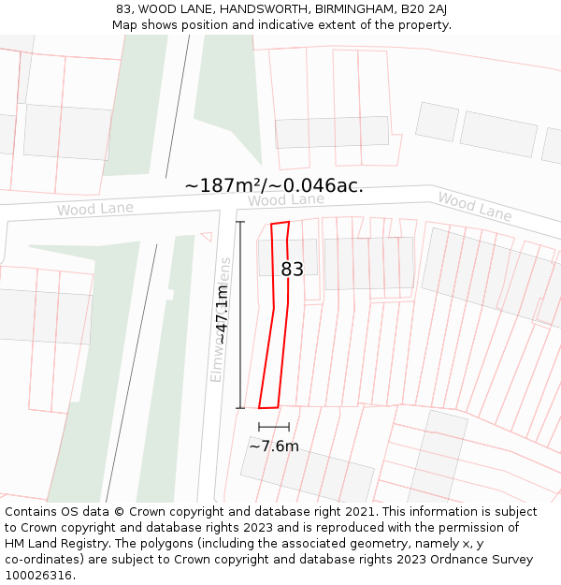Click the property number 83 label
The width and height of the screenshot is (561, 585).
pos(292,270)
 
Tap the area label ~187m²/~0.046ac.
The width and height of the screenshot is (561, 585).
pos(274,186)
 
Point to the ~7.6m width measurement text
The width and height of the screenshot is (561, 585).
pos(274,446)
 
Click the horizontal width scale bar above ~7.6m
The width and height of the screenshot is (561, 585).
pos(274,428)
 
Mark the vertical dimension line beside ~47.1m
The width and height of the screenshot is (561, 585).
pos(240,314)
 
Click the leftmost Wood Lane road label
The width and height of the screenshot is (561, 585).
pos(94,209)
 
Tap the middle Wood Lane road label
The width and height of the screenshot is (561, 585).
pos(285,200)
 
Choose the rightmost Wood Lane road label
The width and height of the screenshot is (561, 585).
pos(474,206)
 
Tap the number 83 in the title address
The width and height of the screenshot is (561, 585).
pos(124,9)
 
